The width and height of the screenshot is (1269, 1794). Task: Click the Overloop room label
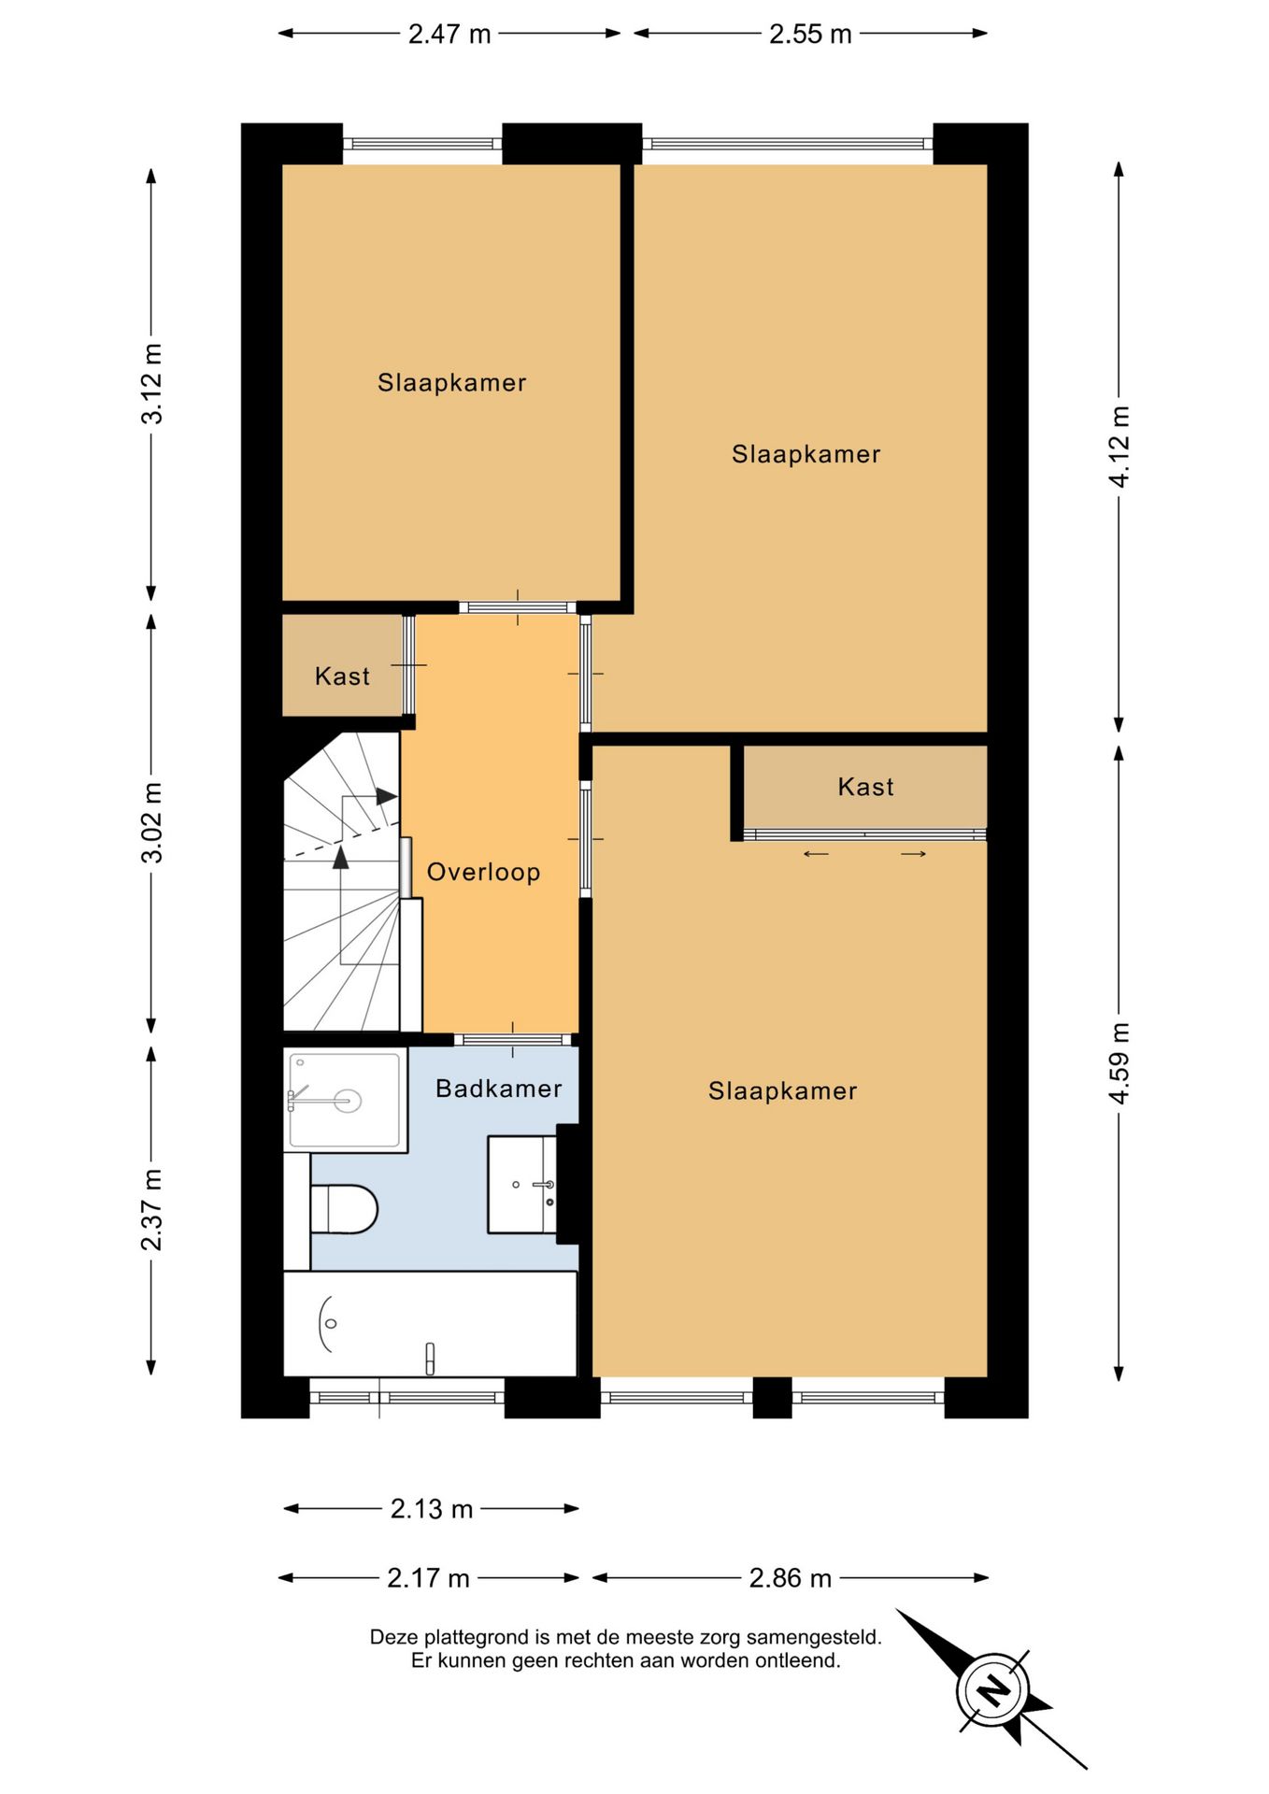click(483, 872)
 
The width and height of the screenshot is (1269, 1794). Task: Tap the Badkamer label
click(499, 1089)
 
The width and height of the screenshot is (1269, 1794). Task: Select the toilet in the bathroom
click(343, 1209)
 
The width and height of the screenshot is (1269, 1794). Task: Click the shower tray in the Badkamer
click(346, 1101)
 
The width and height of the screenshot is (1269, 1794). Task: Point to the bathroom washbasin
click(522, 1184)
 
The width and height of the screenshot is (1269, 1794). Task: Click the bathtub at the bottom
click(430, 1323)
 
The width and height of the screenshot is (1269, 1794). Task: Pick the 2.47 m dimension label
click(449, 35)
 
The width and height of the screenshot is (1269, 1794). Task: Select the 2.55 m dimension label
click(810, 35)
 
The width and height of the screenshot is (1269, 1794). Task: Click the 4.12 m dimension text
click(1119, 447)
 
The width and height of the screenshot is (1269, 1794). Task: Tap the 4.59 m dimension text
click(1119, 1063)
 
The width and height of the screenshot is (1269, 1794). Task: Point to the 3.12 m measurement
click(151, 384)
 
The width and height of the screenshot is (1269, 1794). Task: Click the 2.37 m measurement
click(151, 1209)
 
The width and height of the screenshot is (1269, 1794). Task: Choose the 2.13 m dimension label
click(432, 1509)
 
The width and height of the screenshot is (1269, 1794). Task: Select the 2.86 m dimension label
click(791, 1578)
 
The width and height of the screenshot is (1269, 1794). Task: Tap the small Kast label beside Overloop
click(342, 676)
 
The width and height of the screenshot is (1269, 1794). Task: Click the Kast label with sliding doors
click(865, 787)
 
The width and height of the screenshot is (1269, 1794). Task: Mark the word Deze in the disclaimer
click(393, 1637)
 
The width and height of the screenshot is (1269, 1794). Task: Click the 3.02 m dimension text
click(151, 823)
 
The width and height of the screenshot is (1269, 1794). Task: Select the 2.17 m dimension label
click(429, 1578)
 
